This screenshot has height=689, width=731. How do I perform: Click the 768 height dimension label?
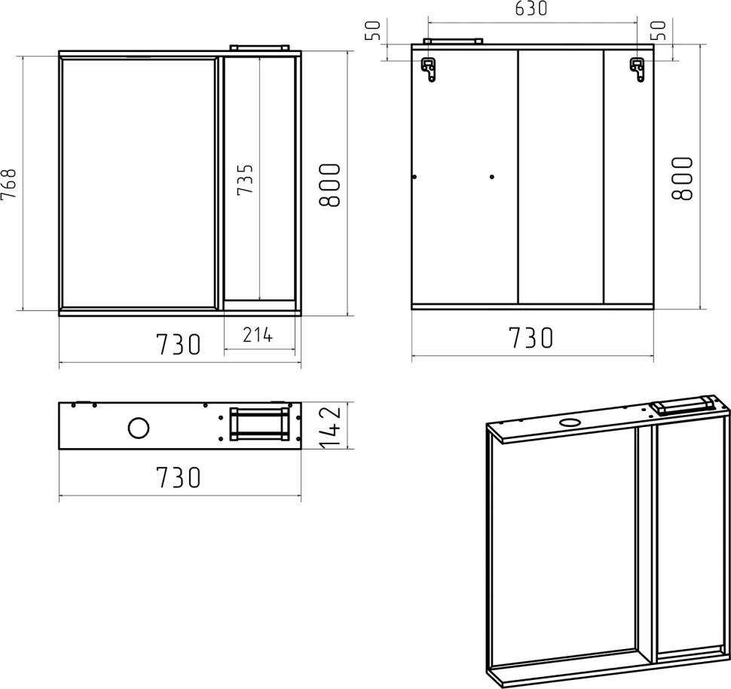pyautogui.click(x=9, y=184)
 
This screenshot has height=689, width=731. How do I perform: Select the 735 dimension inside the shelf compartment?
pyautogui.click(x=245, y=179)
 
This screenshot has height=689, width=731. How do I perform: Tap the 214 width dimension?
pyautogui.click(x=257, y=334)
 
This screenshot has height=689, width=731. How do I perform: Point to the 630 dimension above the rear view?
pyautogui.click(x=531, y=8)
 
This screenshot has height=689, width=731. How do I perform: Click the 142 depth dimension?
pyautogui.click(x=331, y=428)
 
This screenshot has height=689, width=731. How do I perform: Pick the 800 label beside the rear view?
pyautogui.click(x=682, y=178)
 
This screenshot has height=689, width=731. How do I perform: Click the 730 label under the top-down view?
pyautogui.click(x=178, y=477)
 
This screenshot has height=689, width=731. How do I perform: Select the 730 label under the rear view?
pyautogui.click(x=531, y=338)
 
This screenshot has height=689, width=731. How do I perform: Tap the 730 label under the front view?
pyautogui.click(x=178, y=344)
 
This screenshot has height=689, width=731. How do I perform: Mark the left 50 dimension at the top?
pyautogui.click(x=375, y=31)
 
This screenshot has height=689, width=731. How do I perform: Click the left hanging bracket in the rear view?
pyautogui.click(x=429, y=69)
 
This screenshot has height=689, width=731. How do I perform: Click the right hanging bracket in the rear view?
pyautogui.click(x=638, y=69)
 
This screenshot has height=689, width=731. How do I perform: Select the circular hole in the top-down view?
pyautogui.click(x=139, y=428)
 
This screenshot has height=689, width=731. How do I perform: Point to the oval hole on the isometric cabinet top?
pyautogui.click(x=570, y=422)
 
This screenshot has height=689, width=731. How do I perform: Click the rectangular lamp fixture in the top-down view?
pyautogui.click(x=259, y=423)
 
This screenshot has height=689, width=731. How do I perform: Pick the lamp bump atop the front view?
pyautogui.click(x=260, y=47)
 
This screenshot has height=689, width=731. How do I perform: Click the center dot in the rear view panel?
pyautogui.click(x=492, y=176)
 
